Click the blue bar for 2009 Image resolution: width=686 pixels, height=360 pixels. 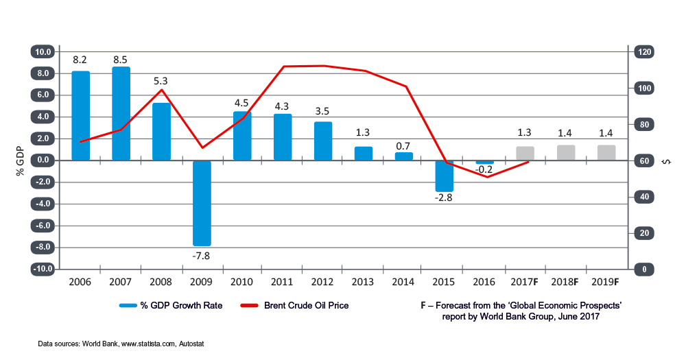click(202, 203)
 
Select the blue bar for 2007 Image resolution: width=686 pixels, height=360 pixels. click(121, 113)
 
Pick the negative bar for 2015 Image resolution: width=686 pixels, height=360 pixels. click(445, 176)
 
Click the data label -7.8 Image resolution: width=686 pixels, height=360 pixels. click(202, 255)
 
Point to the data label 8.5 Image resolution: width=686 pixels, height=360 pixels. click(121, 59)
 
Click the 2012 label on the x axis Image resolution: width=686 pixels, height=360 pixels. click(323, 282)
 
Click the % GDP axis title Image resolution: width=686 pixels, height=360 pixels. click(21, 160)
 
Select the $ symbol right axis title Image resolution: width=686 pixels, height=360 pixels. click(666, 161)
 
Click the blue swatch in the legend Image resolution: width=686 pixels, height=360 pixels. click(129, 306)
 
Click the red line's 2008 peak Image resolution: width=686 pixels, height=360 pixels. click(162, 90)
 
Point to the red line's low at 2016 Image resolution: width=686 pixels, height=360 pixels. click(486, 177)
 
